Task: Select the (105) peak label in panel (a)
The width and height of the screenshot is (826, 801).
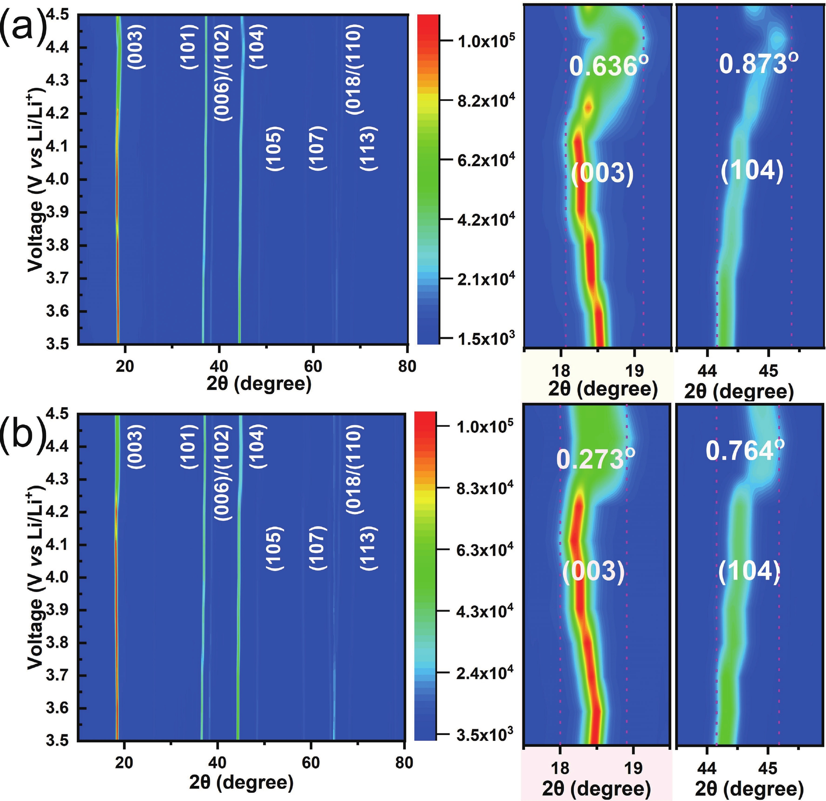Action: pos(275,148)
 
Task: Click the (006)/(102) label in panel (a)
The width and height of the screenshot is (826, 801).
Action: pos(223,73)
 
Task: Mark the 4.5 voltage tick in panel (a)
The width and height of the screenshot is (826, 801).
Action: pos(57,15)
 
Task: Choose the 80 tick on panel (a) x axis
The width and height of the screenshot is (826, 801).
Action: pos(407,366)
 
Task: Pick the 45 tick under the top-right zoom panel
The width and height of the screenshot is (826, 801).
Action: pos(768,371)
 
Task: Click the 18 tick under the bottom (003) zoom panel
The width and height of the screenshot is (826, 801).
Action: pos(560,768)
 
